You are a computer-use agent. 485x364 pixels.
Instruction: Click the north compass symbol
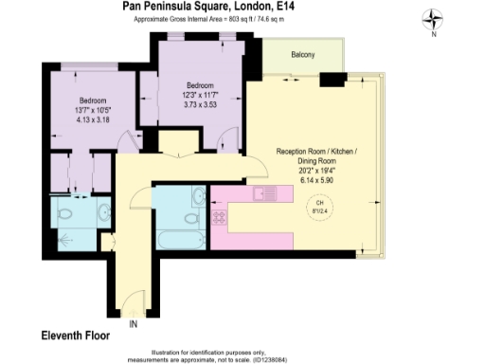pyautogui.click(x=433, y=17)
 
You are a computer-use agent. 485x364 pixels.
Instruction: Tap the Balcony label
pyautogui.click(x=303, y=55)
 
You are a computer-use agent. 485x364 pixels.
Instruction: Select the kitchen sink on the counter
pyautogui.click(x=264, y=194)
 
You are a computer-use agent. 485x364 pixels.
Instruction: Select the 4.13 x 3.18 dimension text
pyautogui.click(x=92, y=120)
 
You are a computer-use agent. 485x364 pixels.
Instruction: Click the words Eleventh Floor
pyautogui.click(x=76, y=336)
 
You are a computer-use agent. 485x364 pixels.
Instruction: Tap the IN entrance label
pyautogui.click(x=134, y=324)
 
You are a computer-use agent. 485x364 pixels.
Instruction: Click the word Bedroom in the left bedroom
pyautogui.click(x=92, y=100)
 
